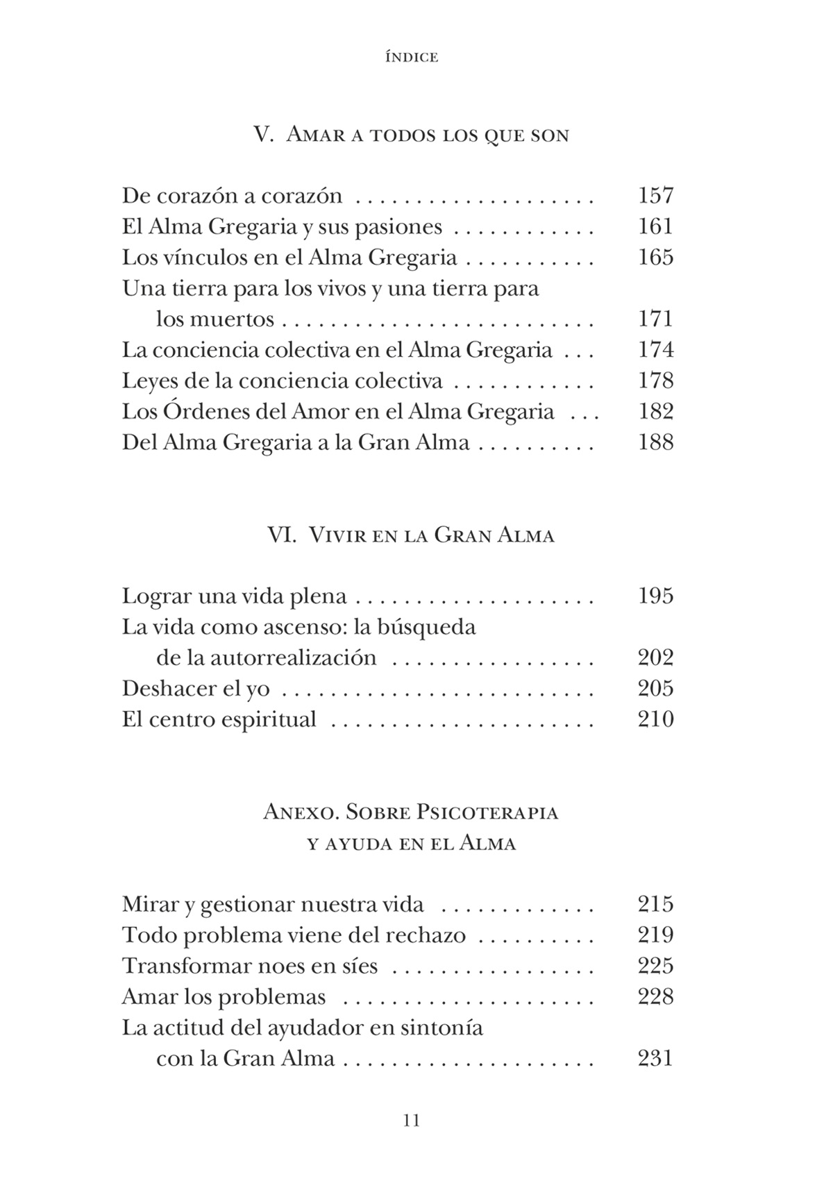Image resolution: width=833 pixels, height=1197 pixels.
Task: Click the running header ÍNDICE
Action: click(x=412, y=58)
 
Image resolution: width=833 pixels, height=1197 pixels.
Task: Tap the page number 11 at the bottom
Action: click(x=412, y=1120)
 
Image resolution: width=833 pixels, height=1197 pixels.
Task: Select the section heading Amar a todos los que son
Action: click(x=412, y=134)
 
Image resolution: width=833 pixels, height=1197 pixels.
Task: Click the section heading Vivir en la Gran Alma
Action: click(x=412, y=535)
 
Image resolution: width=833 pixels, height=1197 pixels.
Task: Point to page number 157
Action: click(x=655, y=196)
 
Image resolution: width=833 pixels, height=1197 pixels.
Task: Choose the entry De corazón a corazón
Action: click(x=232, y=196)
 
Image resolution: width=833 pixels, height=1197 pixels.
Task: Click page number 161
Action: click(x=655, y=226)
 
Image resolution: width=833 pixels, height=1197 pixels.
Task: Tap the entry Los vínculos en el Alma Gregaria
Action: click(x=289, y=258)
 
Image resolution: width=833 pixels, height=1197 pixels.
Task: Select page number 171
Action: click(x=655, y=319)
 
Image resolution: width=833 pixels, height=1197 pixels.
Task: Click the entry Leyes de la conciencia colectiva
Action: click(x=282, y=380)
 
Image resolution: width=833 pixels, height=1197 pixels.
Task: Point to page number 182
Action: click(x=655, y=412)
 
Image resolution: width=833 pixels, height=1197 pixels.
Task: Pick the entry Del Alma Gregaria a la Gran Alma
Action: click(x=296, y=442)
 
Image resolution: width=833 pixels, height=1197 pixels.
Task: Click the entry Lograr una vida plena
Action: click(x=234, y=596)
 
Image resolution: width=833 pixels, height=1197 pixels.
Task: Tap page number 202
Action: click(x=655, y=658)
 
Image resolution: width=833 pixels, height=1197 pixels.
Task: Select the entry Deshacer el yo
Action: click(x=196, y=688)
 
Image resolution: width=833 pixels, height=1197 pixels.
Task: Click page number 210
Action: click(x=655, y=719)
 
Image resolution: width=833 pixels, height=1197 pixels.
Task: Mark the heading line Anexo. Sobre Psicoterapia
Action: click(x=412, y=812)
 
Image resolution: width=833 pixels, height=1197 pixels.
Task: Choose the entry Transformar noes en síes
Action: click(x=250, y=966)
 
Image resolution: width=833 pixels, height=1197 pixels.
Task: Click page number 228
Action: click(x=655, y=996)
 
